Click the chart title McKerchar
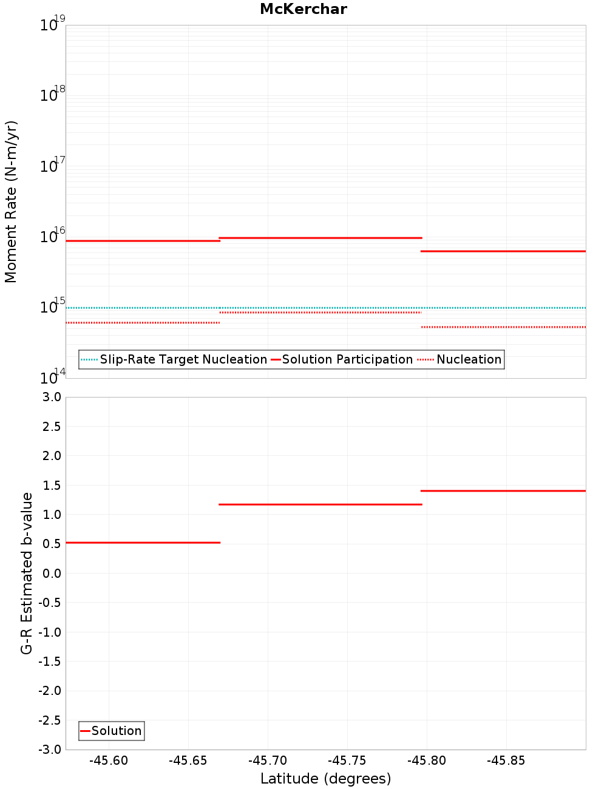tap(303, 9)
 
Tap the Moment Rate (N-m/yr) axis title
tap(11, 201)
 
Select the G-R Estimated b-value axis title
tap(27, 573)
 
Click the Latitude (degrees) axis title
tap(325, 779)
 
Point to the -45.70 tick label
tap(268, 760)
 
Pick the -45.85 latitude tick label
tap(506, 760)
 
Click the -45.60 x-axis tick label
tap(109, 760)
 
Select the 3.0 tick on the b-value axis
tap(51, 397)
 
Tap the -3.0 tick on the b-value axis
tap(49, 750)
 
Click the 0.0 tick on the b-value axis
tap(51, 573)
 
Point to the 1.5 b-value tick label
tap(51, 485)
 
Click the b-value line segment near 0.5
tap(143, 543)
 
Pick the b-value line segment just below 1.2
tap(320, 504)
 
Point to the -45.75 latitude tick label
tap(347, 760)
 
